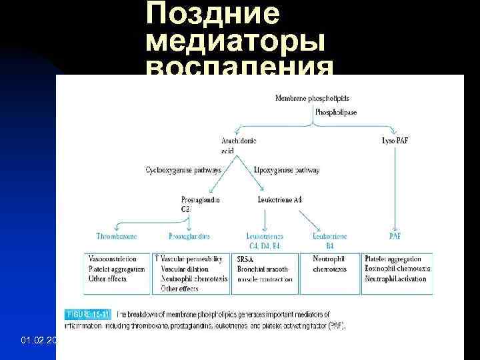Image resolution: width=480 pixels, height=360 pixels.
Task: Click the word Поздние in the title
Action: tap(213, 15)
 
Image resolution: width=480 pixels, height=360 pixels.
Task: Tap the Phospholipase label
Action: tap(336, 113)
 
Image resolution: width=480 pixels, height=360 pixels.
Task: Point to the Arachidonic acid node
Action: tap(239, 145)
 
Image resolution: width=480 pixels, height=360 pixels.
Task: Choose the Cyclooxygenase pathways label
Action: tap(183, 171)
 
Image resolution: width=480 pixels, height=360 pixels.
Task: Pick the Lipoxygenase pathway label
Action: tap(287, 171)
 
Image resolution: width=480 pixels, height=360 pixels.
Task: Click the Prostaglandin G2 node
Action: tap(200, 204)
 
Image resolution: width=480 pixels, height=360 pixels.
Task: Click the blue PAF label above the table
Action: tap(395, 235)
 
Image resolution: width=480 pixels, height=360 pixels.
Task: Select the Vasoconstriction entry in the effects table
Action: tap(113, 259)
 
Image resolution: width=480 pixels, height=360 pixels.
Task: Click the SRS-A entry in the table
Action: tap(245, 259)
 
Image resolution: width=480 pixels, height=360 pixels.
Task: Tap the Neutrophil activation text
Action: tap(396, 279)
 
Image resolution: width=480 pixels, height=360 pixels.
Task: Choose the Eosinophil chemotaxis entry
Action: tap(397, 269)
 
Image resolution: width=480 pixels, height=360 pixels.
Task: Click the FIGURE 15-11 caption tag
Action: tap(89, 313)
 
